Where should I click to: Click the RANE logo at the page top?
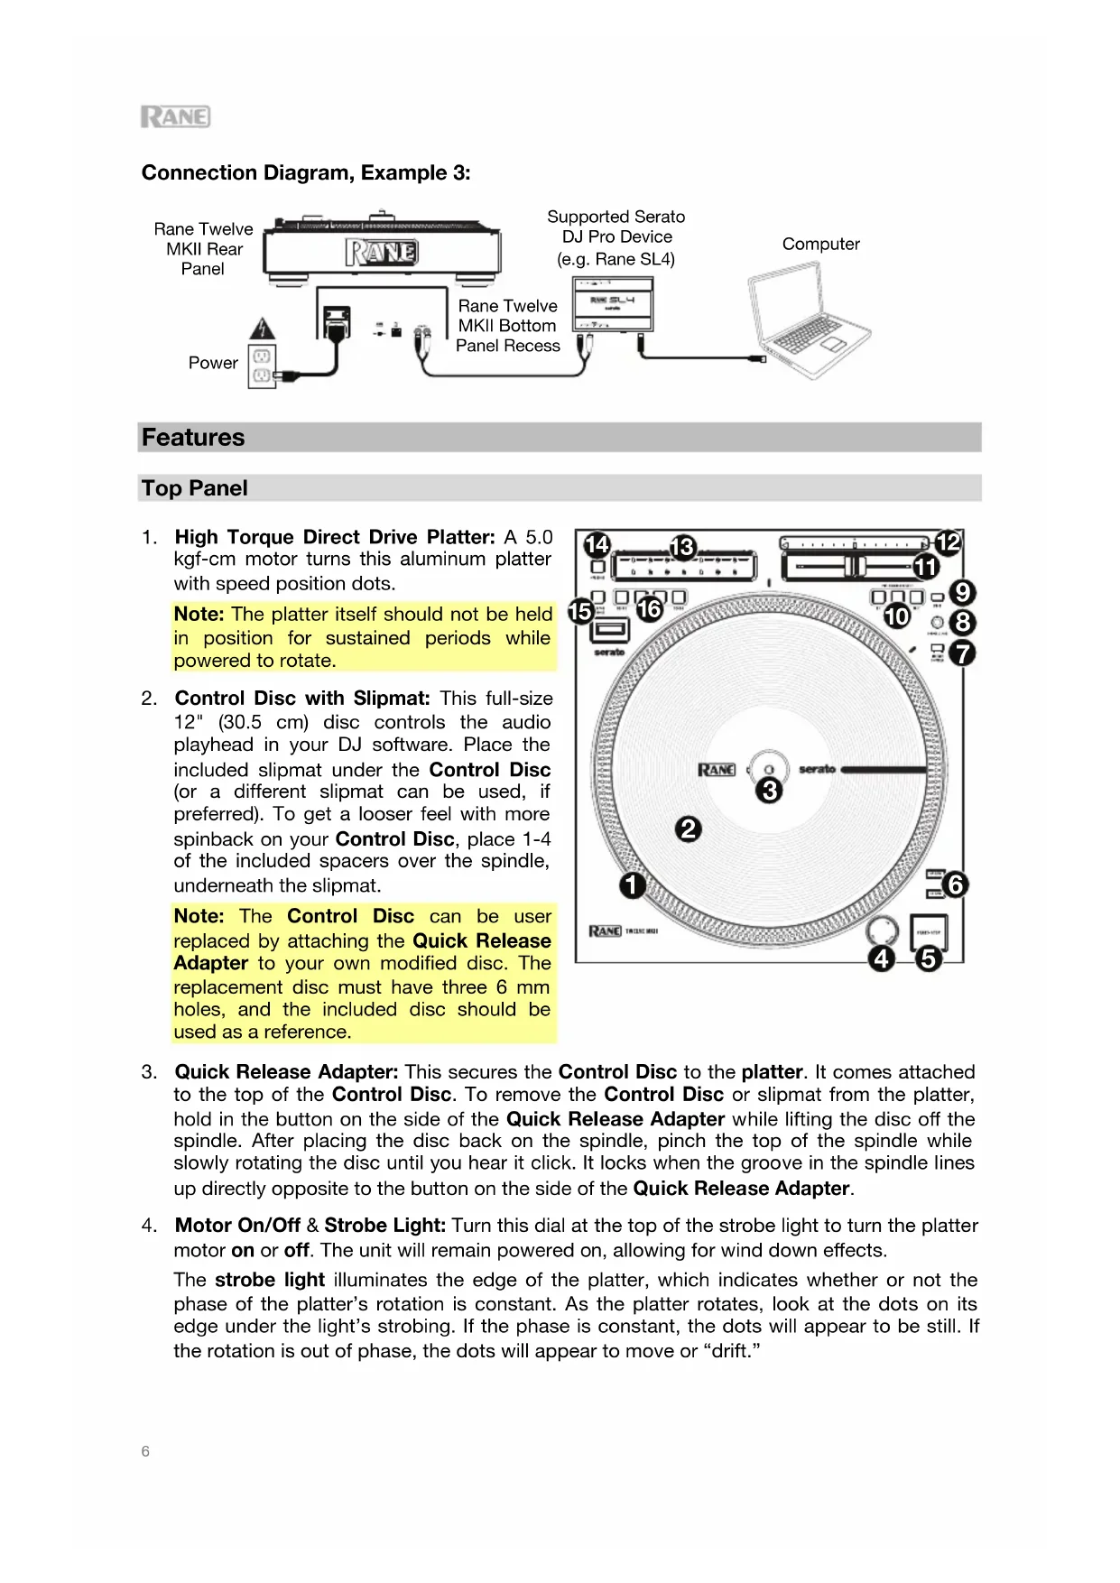click(x=175, y=117)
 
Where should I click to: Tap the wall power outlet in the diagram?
click(x=262, y=366)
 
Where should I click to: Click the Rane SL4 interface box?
click(x=613, y=305)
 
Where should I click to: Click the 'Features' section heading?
click(x=193, y=438)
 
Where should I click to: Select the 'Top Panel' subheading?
click(x=194, y=488)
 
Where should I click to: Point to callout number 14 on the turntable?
click(x=597, y=544)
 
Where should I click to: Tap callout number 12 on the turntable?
click(x=948, y=542)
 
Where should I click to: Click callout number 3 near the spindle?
click(x=769, y=791)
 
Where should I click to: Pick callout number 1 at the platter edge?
click(x=633, y=884)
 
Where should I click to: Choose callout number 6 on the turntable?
click(x=955, y=884)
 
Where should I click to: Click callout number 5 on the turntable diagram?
click(x=928, y=958)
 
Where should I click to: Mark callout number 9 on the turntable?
click(x=963, y=592)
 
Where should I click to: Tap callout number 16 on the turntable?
click(x=649, y=609)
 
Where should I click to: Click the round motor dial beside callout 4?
click(x=882, y=930)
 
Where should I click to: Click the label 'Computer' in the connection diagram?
click(x=820, y=244)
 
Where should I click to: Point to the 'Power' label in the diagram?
click(x=213, y=363)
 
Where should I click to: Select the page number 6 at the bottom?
click(x=145, y=1451)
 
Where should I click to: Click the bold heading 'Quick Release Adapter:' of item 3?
click(x=286, y=1072)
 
